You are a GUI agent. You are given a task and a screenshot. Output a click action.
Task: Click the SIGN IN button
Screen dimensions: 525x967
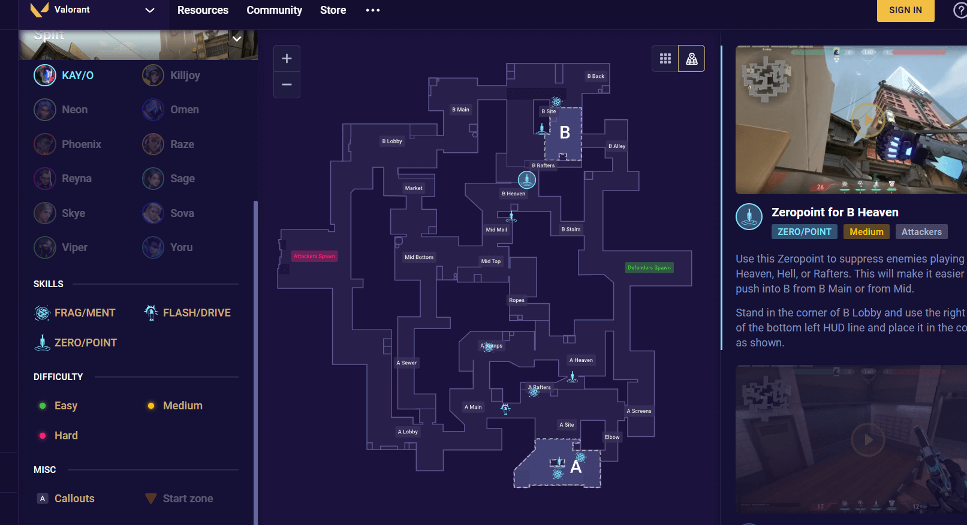[x=905, y=10]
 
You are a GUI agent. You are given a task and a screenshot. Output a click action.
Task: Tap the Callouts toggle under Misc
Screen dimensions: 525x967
[x=66, y=499]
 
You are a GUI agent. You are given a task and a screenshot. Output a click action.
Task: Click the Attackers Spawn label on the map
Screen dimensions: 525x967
[x=315, y=257]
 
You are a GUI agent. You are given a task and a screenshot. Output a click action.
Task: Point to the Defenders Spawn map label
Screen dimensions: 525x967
[x=649, y=268]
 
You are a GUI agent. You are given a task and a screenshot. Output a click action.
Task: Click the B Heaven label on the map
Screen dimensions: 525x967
[x=514, y=194]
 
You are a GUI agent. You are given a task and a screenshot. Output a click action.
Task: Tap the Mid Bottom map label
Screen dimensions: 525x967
[x=419, y=257]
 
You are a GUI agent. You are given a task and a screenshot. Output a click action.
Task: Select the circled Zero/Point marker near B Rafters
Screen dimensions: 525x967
[x=526, y=179]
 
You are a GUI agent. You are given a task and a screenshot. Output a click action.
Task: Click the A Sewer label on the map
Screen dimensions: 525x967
[x=406, y=363]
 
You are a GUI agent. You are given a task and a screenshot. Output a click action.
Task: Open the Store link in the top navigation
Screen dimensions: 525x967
[x=333, y=10]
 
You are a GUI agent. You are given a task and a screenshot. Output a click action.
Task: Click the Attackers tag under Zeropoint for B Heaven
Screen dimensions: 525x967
[x=921, y=232]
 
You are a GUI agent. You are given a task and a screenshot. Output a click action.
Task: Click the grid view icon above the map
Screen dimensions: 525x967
[x=665, y=59]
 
